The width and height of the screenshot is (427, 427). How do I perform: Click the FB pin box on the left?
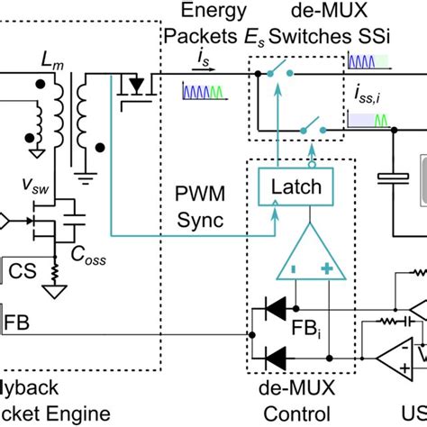pos(16,319)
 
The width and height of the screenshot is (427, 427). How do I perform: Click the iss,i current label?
pos(368,92)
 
